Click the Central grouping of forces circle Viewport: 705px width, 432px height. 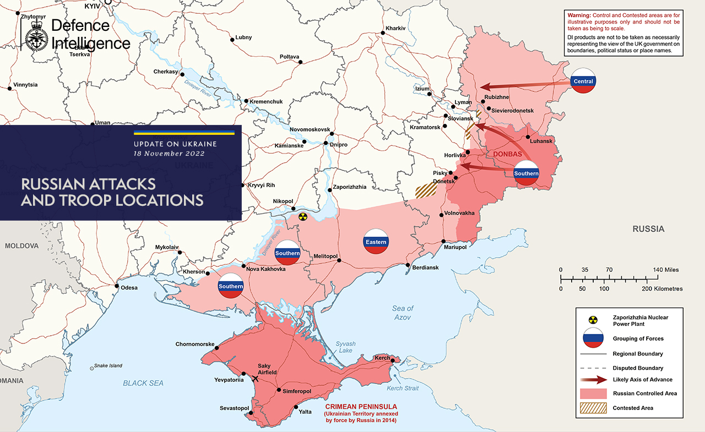point(583,81)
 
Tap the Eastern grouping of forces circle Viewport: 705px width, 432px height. point(376,242)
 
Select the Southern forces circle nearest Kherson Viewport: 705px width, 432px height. point(231,286)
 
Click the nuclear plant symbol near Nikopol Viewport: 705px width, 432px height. point(302,216)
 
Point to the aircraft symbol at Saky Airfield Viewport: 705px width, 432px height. point(255,378)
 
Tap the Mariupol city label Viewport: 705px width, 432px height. point(455,248)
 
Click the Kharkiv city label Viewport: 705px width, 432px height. point(395,28)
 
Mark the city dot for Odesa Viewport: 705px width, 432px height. point(116,286)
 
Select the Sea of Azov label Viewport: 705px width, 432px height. point(403,313)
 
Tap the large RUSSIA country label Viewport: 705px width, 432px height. point(648,229)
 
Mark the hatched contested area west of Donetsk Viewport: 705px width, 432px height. point(426,190)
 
